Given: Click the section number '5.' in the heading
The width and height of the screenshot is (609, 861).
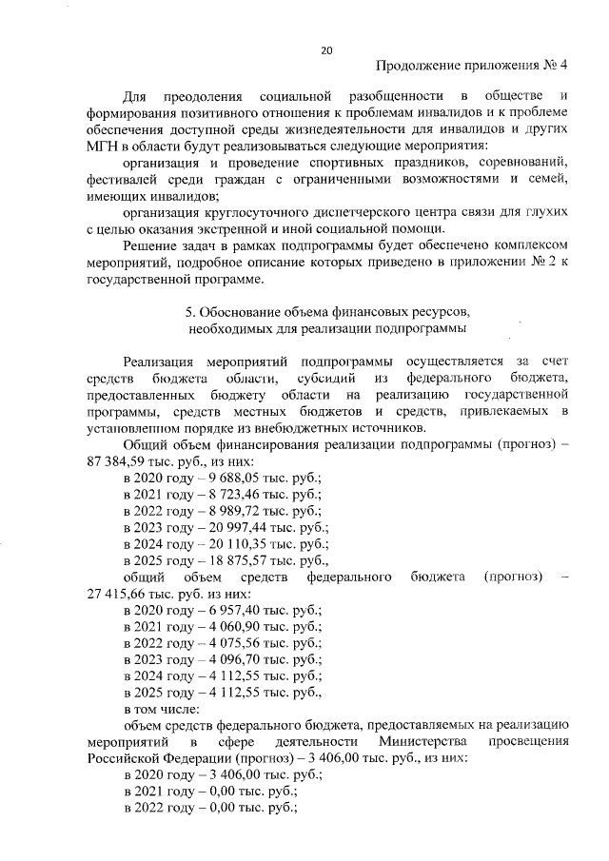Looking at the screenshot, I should pos(187,311).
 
